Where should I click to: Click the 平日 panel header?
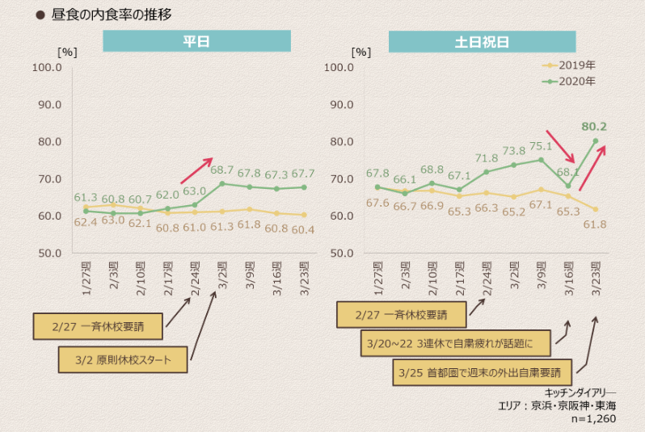(x=196, y=42)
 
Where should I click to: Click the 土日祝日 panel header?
(x=482, y=42)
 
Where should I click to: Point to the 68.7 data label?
(x=221, y=171)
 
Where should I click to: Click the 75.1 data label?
(x=540, y=146)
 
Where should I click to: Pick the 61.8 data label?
(x=595, y=223)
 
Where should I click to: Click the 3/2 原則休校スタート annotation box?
(x=123, y=359)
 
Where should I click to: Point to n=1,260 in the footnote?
(x=595, y=420)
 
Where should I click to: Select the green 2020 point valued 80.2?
(x=596, y=141)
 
